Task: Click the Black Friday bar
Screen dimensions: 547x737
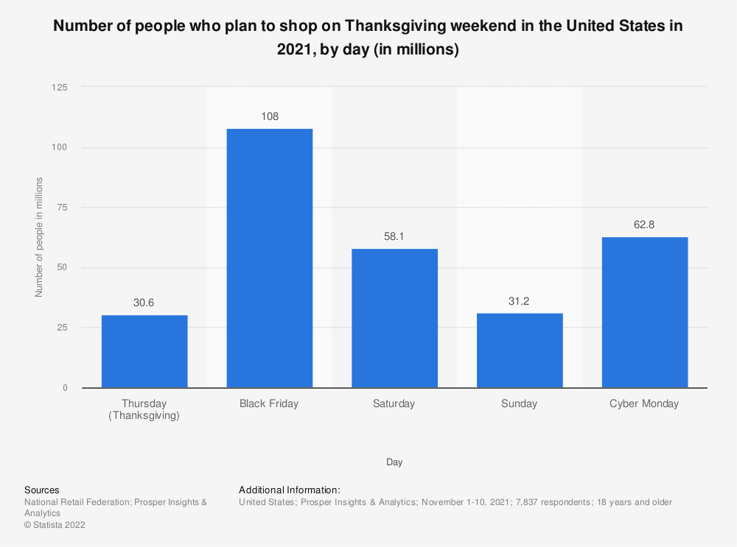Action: click(269, 258)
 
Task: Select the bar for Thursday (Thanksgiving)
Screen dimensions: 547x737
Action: click(144, 351)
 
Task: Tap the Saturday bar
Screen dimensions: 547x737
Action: click(394, 318)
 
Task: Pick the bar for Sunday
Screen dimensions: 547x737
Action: click(520, 350)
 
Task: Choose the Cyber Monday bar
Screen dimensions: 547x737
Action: click(645, 312)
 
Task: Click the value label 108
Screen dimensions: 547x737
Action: click(269, 116)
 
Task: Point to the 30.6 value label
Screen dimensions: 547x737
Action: click(144, 303)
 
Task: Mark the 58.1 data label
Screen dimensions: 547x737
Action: click(394, 236)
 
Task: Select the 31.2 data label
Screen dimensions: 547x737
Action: click(520, 301)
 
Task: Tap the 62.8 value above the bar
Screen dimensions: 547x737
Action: click(645, 225)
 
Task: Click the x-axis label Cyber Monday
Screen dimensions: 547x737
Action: click(645, 403)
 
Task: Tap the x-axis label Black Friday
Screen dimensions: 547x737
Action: click(269, 403)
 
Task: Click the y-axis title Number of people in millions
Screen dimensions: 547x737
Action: click(40, 237)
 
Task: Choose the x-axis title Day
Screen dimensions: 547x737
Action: click(394, 462)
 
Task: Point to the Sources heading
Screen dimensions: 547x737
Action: click(42, 490)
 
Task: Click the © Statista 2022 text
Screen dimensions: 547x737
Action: click(56, 525)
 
